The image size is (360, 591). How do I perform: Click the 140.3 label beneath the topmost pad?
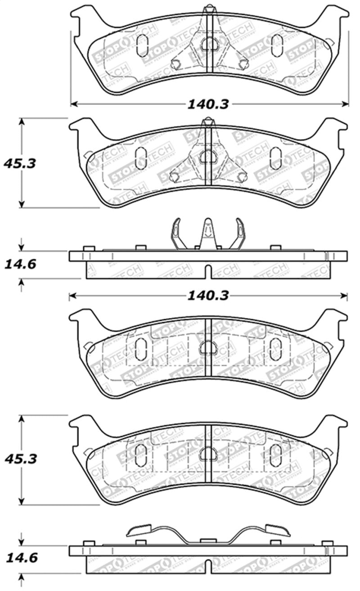coord(208,104)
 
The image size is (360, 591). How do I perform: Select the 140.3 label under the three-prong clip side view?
coord(208,295)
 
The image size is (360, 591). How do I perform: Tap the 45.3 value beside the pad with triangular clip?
coord(19,163)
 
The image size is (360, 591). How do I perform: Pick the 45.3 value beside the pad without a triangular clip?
coord(19,459)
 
